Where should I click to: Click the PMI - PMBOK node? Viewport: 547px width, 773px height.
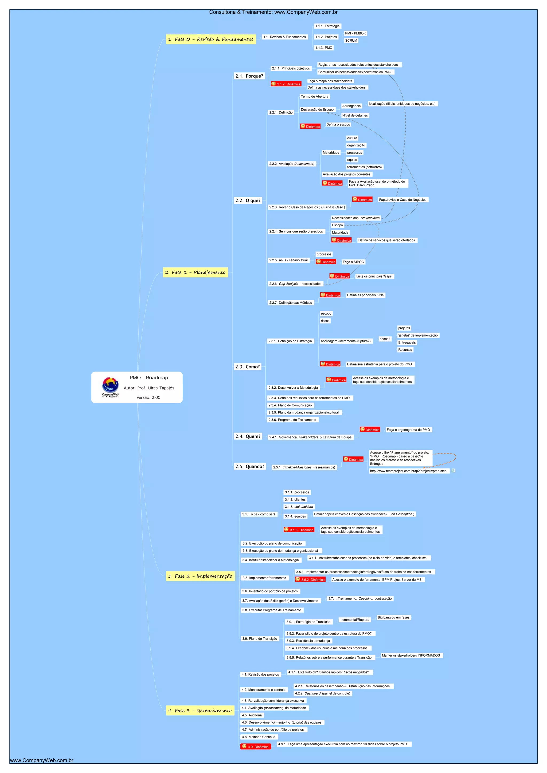[x=355, y=33]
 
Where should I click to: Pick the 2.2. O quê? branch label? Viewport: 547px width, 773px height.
[x=248, y=200]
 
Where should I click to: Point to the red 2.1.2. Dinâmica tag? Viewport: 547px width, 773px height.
[x=286, y=84]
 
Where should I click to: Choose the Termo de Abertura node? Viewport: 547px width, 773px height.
[x=314, y=97]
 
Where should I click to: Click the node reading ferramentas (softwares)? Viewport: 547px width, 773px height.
[x=364, y=167]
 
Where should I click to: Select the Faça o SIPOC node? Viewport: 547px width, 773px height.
[x=353, y=262]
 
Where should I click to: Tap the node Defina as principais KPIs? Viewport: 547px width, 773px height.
[x=365, y=295]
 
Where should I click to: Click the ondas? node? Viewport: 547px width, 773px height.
[x=385, y=339]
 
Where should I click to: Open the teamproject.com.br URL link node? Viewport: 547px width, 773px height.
[x=408, y=471]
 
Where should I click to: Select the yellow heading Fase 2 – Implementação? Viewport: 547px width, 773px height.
[x=200, y=576]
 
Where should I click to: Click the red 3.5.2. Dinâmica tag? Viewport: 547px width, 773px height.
[x=310, y=579]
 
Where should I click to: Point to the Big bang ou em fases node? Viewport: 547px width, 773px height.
[x=393, y=617]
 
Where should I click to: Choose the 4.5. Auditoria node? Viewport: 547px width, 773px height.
[x=252, y=715]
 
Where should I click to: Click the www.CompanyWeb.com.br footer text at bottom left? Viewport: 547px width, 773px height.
[x=42, y=760]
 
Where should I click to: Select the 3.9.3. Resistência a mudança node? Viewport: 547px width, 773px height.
[x=308, y=641]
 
